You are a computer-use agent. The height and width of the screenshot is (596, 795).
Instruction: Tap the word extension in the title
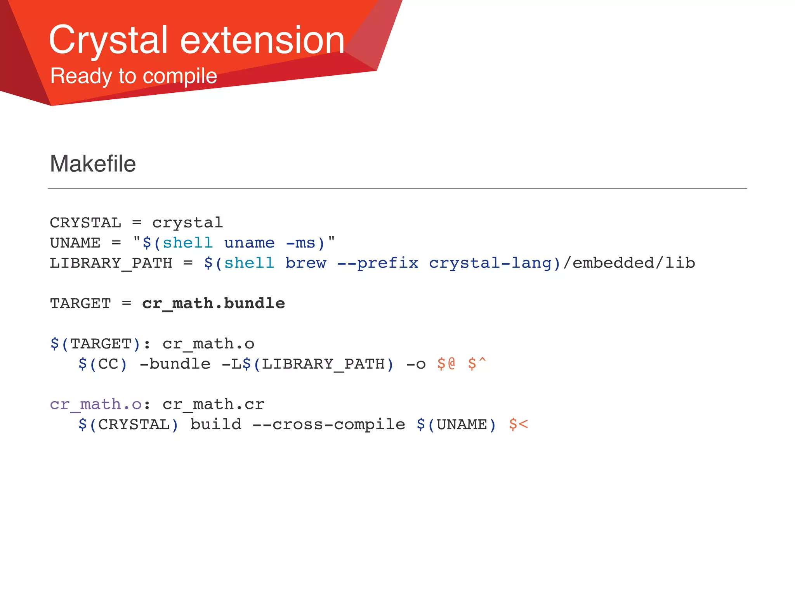[x=262, y=40]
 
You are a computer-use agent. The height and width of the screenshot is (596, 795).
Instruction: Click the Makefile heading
[x=93, y=164]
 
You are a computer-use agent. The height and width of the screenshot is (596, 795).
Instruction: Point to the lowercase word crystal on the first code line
[x=187, y=223]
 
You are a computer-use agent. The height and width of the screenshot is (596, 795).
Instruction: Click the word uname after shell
[x=249, y=243]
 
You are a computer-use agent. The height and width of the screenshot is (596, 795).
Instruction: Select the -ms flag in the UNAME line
[x=300, y=243]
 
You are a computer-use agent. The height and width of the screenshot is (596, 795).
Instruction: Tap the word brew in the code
[x=306, y=263]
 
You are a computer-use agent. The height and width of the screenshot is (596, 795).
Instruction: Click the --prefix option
[x=378, y=263]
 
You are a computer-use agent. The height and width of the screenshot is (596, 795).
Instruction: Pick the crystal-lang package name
[x=490, y=263]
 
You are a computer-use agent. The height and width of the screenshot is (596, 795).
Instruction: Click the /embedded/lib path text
[x=629, y=263]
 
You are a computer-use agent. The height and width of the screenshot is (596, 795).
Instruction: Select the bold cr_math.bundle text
[x=214, y=303]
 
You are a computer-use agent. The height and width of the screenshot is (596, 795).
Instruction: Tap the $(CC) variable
[x=102, y=364]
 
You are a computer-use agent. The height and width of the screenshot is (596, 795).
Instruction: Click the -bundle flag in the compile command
[x=175, y=364]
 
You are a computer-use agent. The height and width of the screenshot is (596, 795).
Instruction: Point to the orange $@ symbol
[x=446, y=364]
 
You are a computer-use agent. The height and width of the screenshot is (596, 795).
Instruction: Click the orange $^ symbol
[x=477, y=364]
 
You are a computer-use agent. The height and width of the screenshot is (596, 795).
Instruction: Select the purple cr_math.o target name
[x=95, y=404]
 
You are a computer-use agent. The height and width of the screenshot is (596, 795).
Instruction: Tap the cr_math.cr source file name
[x=214, y=404]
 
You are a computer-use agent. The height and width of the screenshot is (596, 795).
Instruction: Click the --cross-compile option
[x=329, y=424]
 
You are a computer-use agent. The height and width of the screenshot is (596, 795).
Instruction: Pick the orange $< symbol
[x=518, y=424]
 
